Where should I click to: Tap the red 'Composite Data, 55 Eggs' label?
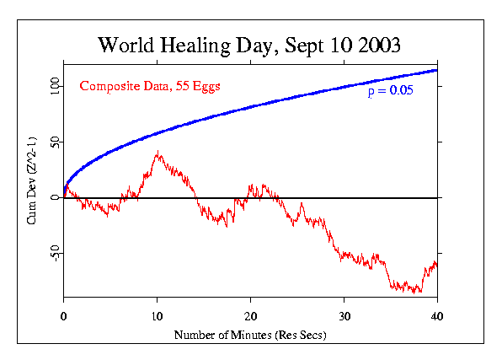(149, 86)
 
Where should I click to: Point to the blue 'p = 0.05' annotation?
(390, 92)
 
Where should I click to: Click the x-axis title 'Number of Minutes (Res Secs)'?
(250, 335)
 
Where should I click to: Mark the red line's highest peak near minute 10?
(158, 152)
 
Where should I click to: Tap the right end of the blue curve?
(436, 70)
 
